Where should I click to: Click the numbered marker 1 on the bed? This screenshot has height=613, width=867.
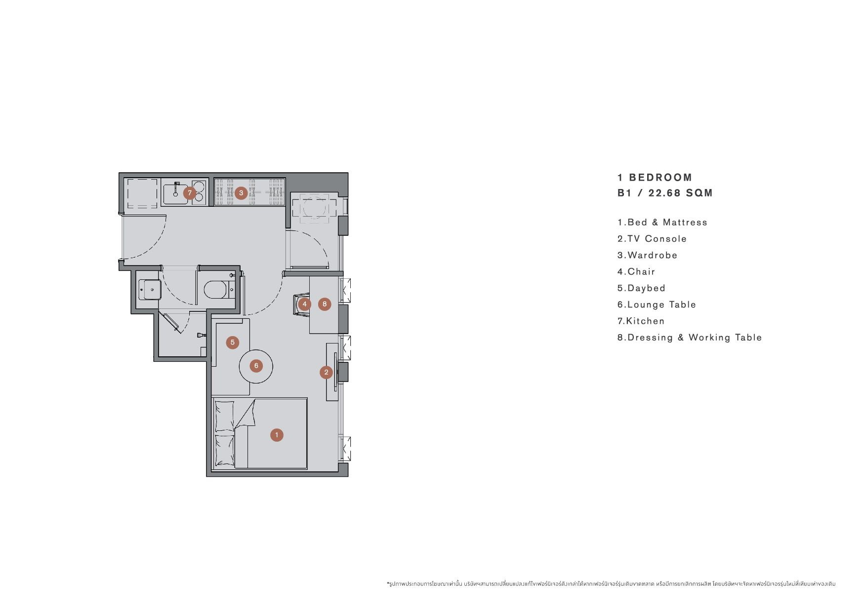[x=277, y=435]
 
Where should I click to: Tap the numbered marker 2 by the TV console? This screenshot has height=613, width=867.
[x=326, y=372]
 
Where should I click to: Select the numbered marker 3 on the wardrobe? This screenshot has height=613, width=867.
[x=241, y=192]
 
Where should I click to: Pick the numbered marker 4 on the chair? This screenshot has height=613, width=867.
[x=305, y=304]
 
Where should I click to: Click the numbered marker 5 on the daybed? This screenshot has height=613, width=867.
[x=233, y=342]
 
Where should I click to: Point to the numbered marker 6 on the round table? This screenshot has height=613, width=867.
[x=256, y=366]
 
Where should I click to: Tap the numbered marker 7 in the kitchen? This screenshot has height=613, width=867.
[x=189, y=193]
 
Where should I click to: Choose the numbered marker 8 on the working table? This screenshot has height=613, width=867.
[x=325, y=304]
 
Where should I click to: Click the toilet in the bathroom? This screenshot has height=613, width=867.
[x=216, y=290]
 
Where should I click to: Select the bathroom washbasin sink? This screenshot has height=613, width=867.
[x=149, y=290]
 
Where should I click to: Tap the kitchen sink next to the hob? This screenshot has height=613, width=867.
[x=173, y=193]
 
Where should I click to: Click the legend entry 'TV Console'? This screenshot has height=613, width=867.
[x=652, y=239]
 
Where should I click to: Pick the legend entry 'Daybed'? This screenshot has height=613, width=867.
[x=641, y=288]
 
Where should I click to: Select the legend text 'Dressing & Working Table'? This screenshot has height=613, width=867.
[x=690, y=338]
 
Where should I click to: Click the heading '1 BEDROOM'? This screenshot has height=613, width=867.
[x=655, y=178]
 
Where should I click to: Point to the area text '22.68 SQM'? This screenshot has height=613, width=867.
[x=680, y=193]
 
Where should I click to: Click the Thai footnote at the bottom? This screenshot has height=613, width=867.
[x=611, y=584]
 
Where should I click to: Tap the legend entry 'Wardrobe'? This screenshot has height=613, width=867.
[x=647, y=255]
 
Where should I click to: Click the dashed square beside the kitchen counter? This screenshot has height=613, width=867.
[x=142, y=193]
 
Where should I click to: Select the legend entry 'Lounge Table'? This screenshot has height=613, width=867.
[x=657, y=305]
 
